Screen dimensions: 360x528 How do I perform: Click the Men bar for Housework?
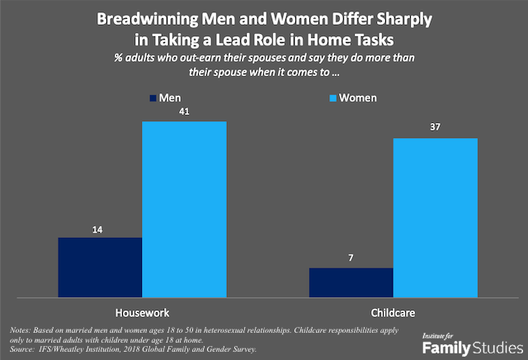click(x=100, y=267)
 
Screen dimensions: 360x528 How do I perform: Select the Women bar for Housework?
click(x=184, y=209)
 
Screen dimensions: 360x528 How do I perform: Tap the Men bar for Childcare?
click(x=350, y=282)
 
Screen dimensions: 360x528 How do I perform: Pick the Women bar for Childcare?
click(x=435, y=216)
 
